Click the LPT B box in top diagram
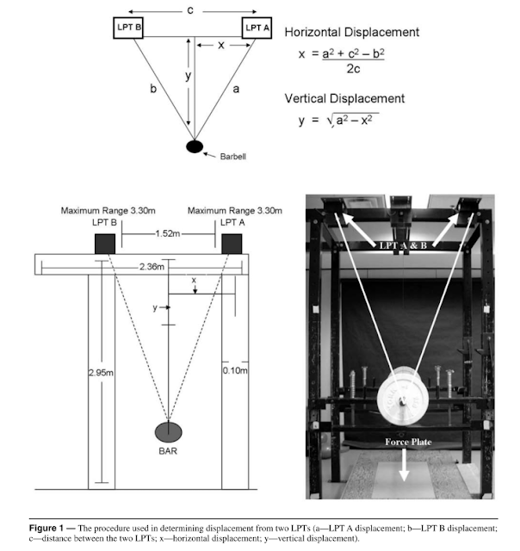click(129, 28)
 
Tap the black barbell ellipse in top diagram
click(195, 145)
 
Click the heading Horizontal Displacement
click(352, 33)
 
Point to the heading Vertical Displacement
click(344, 98)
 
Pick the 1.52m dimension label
click(169, 234)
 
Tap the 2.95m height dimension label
click(102, 372)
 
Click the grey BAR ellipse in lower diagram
click(169, 431)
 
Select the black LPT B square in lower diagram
click(105, 244)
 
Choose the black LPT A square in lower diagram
click(232, 244)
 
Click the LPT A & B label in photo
click(401, 247)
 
